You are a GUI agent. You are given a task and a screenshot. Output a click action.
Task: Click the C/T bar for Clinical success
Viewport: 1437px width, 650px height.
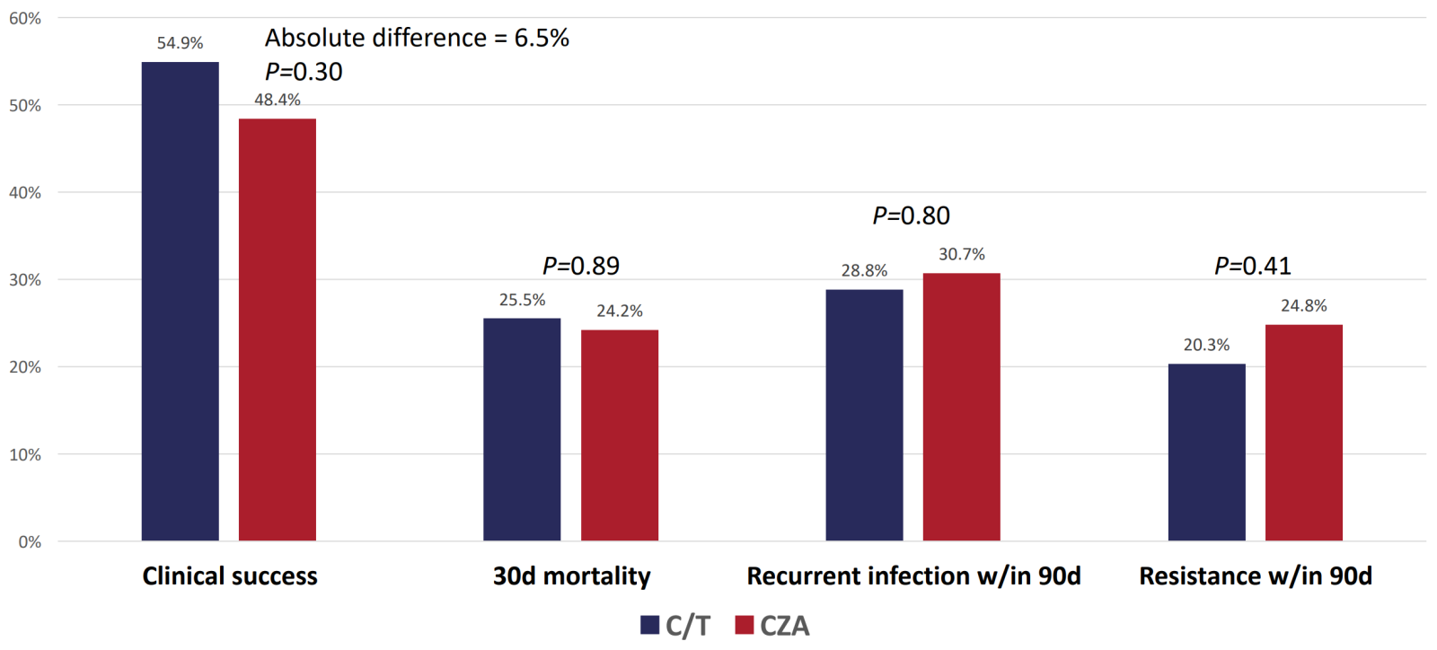(x=180, y=301)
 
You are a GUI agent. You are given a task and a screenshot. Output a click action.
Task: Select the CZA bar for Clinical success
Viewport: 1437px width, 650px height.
(x=277, y=329)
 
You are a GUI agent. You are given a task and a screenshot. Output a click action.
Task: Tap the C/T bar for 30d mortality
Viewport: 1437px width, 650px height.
(x=522, y=429)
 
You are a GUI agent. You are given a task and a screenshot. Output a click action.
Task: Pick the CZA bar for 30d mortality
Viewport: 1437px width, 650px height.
(x=619, y=435)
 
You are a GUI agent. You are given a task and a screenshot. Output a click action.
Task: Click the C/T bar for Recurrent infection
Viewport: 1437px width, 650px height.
(x=864, y=415)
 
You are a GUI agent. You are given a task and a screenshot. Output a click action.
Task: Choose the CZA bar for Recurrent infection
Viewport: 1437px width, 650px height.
(x=961, y=407)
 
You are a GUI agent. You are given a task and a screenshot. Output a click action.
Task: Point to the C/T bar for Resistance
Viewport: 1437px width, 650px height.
(x=1206, y=452)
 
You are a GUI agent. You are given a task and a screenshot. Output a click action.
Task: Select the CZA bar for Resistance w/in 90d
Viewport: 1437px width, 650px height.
(x=1303, y=433)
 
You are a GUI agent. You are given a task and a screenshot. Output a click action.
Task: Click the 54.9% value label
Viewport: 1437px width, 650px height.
(x=180, y=43)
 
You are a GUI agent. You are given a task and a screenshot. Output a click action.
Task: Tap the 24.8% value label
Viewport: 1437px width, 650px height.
(x=1303, y=306)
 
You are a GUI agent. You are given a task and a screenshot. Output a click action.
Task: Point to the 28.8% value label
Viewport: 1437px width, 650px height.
(x=864, y=270)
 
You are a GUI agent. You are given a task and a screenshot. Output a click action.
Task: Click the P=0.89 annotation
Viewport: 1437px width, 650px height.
(x=581, y=266)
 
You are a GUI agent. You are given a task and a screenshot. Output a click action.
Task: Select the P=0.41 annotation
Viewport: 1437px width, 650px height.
(x=1252, y=266)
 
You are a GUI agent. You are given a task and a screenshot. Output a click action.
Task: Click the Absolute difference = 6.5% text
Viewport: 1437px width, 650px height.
(x=417, y=38)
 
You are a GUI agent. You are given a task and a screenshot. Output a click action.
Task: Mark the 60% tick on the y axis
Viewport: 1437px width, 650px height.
(x=25, y=18)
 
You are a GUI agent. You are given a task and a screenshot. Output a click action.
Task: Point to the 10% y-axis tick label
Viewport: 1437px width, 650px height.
(x=25, y=454)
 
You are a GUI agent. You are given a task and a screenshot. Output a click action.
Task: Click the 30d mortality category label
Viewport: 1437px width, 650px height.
(x=571, y=575)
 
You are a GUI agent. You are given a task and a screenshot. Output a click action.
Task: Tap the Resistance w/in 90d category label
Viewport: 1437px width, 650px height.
(x=1255, y=575)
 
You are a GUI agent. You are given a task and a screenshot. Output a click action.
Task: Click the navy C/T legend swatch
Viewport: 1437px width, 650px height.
(x=649, y=625)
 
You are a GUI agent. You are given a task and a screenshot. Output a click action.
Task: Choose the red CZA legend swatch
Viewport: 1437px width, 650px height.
(x=744, y=625)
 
